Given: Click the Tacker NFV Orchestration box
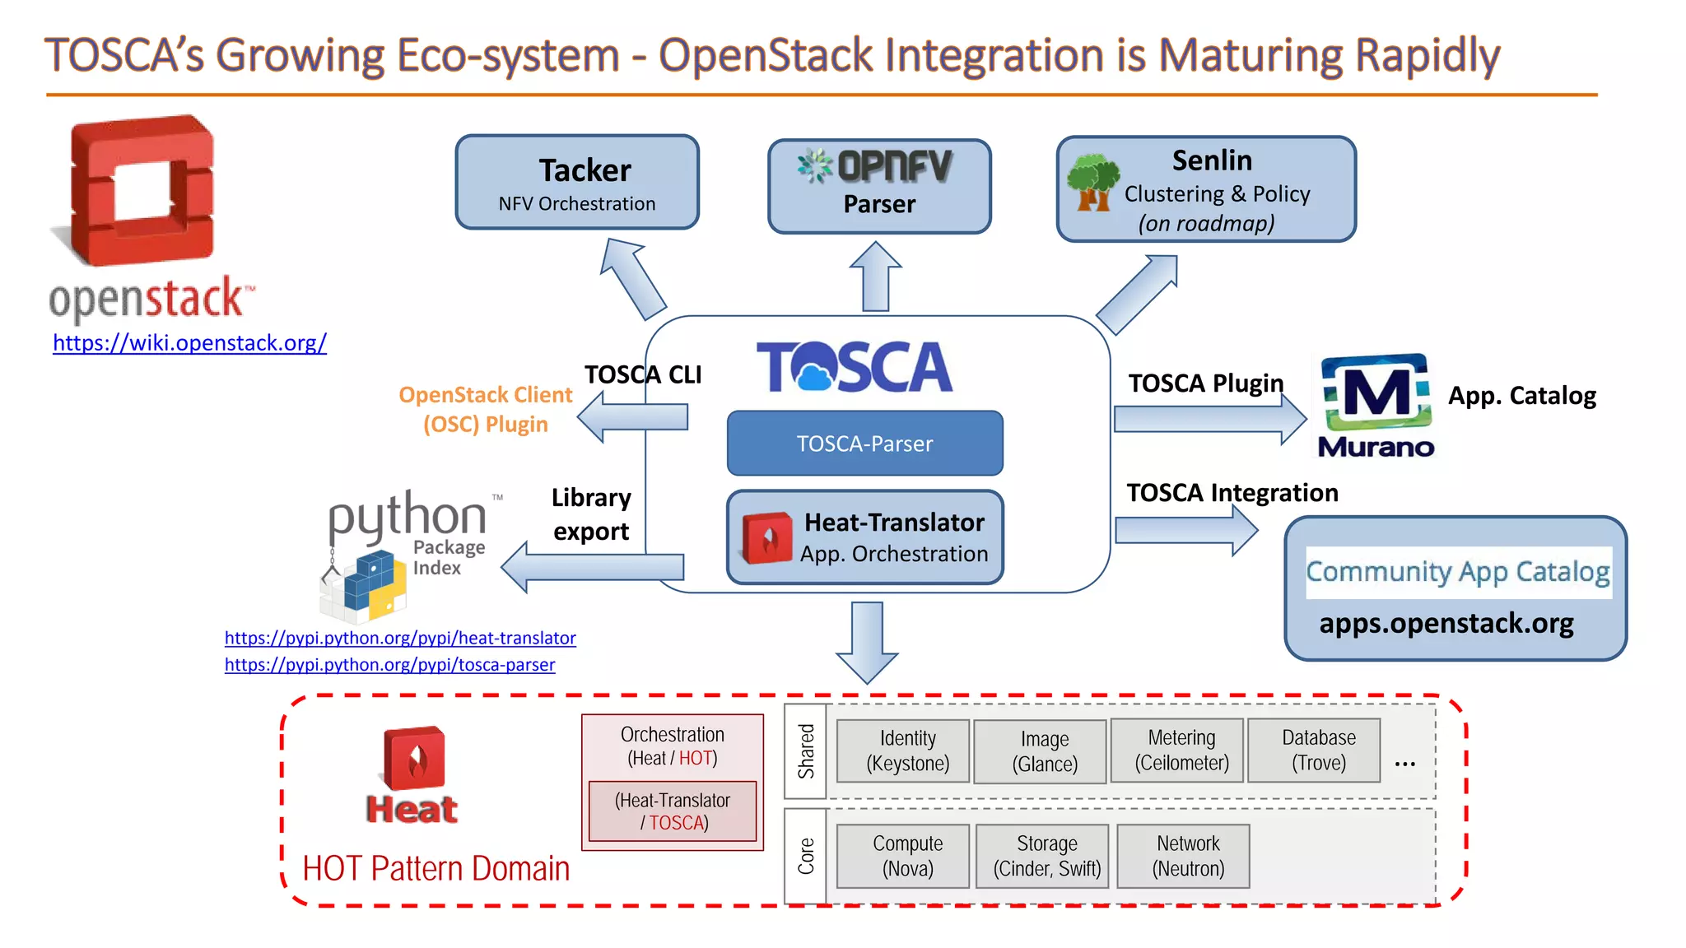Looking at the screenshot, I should pyautogui.click(x=577, y=183).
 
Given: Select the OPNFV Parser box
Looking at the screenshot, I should pyautogui.click(x=879, y=187).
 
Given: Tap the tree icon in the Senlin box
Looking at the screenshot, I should pyautogui.click(x=1092, y=183).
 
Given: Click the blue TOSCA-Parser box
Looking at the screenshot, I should pyautogui.click(x=864, y=444).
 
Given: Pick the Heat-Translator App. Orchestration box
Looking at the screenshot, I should pyautogui.click(x=864, y=537).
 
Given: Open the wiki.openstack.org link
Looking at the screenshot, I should pyautogui.click(x=189, y=342).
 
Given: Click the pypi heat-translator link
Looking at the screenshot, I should pyautogui.click(x=400, y=638).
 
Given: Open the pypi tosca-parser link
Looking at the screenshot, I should pyautogui.click(x=389, y=664).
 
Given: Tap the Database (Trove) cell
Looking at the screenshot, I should pyautogui.click(x=1318, y=750).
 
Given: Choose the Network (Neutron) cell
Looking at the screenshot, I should pyautogui.click(x=1188, y=856).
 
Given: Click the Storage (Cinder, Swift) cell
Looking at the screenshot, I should pyautogui.click(x=1046, y=856).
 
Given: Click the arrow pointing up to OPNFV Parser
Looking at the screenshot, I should pyautogui.click(x=875, y=277).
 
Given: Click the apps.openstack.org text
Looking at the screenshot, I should pyautogui.click(x=1446, y=623).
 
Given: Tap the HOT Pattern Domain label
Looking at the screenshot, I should pyautogui.click(x=435, y=869).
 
